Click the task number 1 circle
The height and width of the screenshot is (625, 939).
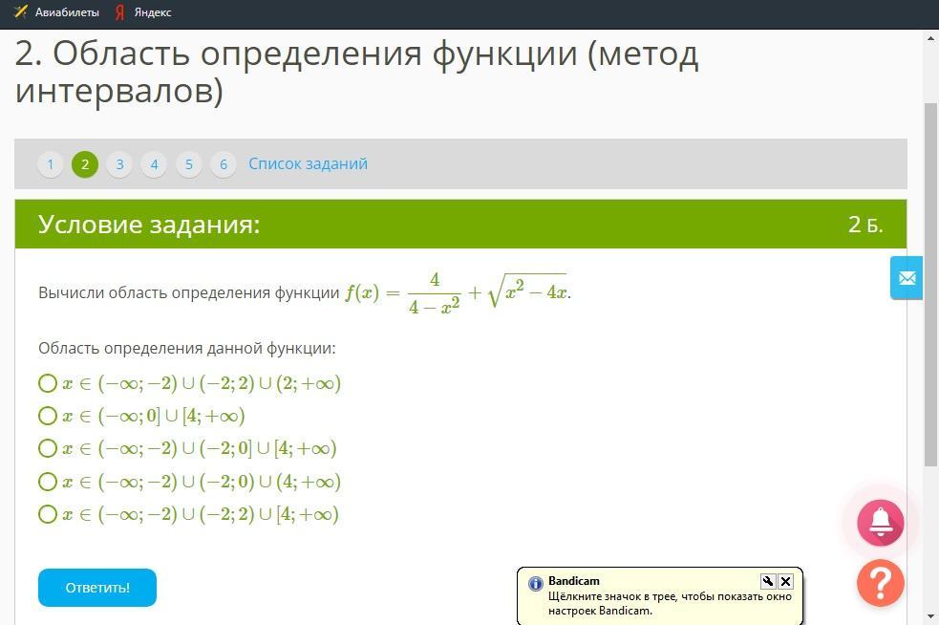point(51,164)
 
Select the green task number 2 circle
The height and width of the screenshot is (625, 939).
point(85,164)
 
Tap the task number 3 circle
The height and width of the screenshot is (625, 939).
point(119,164)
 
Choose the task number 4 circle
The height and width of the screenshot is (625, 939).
point(154,164)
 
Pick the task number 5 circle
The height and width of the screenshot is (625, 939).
point(188,164)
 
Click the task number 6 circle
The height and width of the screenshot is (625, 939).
point(224,164)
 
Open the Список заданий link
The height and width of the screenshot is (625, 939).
point(308,163)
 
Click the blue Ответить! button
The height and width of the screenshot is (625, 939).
point(97,587)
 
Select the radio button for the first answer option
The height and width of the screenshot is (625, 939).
point(48,383)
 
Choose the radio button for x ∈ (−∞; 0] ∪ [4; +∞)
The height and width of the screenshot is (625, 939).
point(48,416)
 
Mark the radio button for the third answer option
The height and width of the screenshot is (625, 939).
point(48,448)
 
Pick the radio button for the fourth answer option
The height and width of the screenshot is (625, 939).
point(48,482)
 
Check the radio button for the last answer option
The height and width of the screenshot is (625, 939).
point(48,514)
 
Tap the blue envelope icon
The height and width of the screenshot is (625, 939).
point(907,277)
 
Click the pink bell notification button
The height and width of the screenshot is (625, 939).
point(881,523)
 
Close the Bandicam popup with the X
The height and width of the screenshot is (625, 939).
point(786,581)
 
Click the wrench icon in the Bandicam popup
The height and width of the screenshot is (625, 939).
point(768,581)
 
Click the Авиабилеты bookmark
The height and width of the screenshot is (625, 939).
point(56,12)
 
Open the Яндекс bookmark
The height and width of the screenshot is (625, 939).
point(143,12)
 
